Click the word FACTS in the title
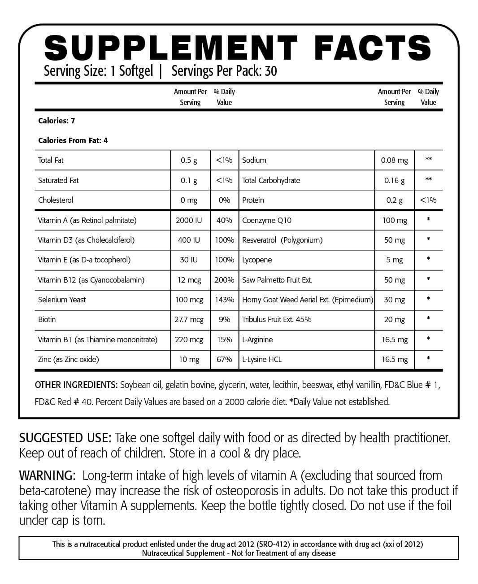pyautogui.click(x=373, y=47)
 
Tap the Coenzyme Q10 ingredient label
pyautogui.click(x=266, y=220)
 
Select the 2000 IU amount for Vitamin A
pyautogui.click(x=189, y=220)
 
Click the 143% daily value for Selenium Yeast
pyautogui.click(x=224, y=300)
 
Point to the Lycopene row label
pyautogui.click(x=257, y=260)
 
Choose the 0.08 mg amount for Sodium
pyautogui.click(x=394, y=160)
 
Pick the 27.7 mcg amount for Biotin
pyautogui.click(x=189, y=319)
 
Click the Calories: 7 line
pyautogui.click(x=56, y=121)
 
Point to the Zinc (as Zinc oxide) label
pyautogui.click(x=69, y=359)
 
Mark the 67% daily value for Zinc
pyautogui.click(x=224, y=359)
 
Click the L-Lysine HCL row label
pyautogui.click(x=262, y=359)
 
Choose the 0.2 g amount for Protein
pyautogui.click(x=394, y=200)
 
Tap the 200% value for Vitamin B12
pyautogui.click(x=224, y=280)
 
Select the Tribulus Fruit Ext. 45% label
pyautogui.click(x=277, y=319)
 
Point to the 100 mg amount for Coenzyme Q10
pyautogui.click(x=394, y=220)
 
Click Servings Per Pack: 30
pyautogui.click(x=224, y=71)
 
